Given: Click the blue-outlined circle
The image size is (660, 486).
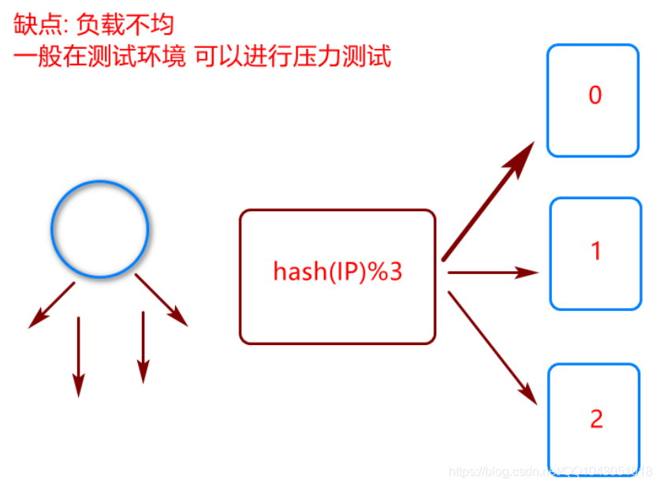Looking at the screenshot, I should click(x=99, y=229).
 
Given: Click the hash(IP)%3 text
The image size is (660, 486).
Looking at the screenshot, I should click(x=337, y=272).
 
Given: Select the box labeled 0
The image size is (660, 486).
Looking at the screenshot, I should click(x=593, y=100).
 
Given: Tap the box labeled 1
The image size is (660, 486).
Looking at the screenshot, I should click(x=595, y=253).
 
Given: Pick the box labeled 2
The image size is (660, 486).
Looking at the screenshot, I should click(x=594, y=418).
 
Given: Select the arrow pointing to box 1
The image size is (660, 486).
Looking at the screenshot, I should click(x=493, y=273).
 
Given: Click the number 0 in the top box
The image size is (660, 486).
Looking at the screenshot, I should click(x=595, y=95).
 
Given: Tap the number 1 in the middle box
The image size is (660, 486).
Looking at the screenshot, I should click(x=595, y=251).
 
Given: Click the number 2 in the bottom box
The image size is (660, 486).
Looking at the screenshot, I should click(x=595, y=418).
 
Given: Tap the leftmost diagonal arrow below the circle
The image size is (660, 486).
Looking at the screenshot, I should click(x=51, y=304).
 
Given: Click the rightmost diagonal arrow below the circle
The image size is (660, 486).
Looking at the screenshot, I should click(x=162, y=300).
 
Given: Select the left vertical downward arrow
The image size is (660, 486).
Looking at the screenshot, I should click(x=78, y=355).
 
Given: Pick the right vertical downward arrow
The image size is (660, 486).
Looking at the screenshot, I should click(x=143, y=347).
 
